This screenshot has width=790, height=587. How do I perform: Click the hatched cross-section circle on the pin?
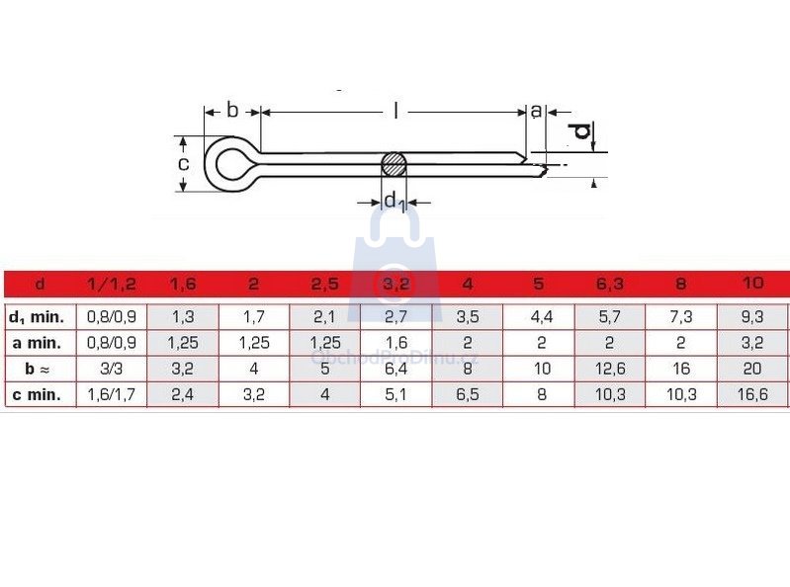394,164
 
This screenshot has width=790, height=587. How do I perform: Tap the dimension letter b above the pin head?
231,110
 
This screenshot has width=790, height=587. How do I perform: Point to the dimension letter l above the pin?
396,111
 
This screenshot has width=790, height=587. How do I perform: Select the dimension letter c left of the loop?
184,164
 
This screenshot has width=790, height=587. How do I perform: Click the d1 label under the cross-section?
395,202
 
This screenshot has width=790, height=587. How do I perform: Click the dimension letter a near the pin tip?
536,111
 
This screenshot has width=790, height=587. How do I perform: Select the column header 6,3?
610,284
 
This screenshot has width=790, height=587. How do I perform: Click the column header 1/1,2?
112,284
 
